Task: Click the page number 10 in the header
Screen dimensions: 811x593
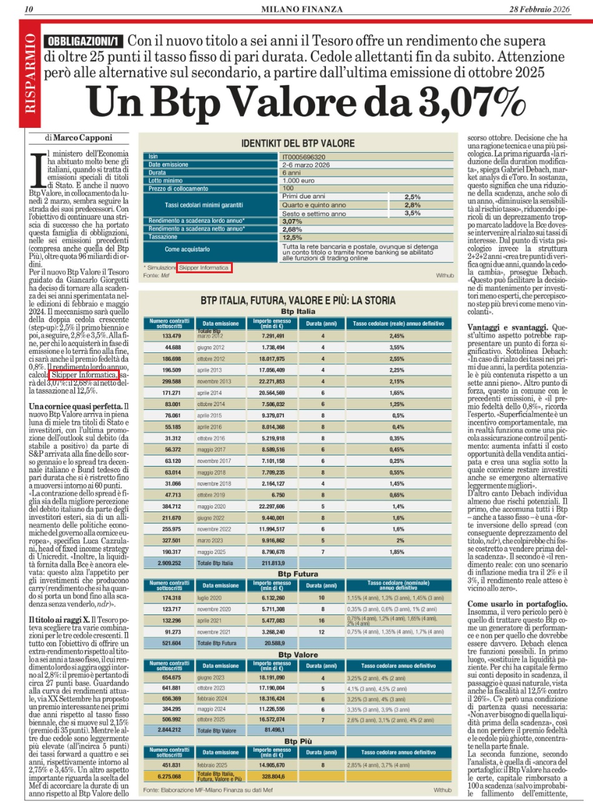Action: (x=29, y=9)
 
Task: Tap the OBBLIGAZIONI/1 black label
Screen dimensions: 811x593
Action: (x=84, y=42)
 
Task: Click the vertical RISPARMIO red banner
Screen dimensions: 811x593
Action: (x=30, y=74)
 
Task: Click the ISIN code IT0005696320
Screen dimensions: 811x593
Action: (x=304, y=157)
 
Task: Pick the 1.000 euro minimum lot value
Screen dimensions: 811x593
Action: (x=298, y=180)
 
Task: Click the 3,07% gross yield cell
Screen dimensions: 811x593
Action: (x=292, y=221)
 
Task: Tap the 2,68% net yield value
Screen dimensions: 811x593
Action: (x=292, y=229)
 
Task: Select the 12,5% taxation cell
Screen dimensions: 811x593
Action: (x=292, y=237)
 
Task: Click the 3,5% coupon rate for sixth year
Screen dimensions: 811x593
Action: (x=413, y=213)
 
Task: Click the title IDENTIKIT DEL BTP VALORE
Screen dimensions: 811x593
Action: (x=298, y=143)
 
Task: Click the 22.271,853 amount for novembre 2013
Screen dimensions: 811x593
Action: (x=272, y=381)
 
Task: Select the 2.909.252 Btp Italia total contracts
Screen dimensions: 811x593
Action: (x=169, y=563)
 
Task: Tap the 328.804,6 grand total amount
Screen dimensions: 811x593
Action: (x=272, y=776)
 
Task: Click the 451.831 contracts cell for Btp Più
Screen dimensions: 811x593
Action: (x=171, y=765)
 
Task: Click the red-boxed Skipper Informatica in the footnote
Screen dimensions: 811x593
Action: (x=203, y=268)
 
